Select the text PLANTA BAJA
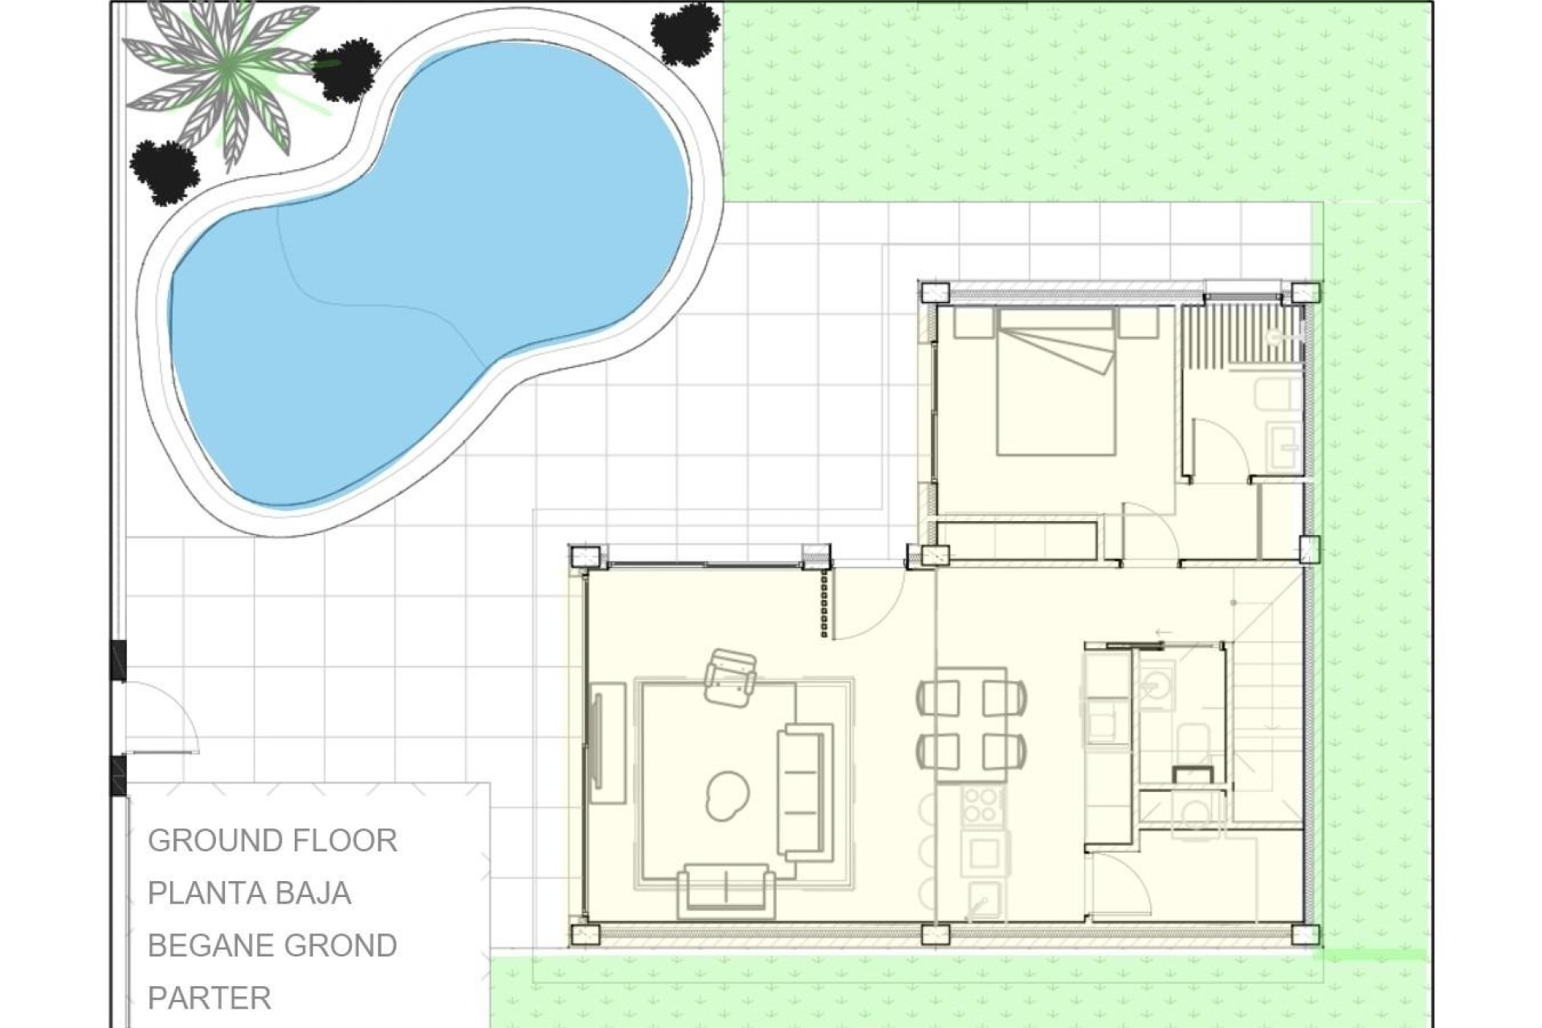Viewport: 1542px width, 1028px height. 249,893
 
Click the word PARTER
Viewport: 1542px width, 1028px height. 210,998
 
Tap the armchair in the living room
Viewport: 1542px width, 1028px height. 730,679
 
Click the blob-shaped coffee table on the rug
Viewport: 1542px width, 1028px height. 728,796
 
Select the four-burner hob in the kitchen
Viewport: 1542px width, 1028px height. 981,805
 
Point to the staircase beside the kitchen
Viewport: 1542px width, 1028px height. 1265,723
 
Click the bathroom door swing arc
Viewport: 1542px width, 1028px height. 1221,450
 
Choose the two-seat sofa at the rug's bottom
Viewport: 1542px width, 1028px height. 726,890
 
